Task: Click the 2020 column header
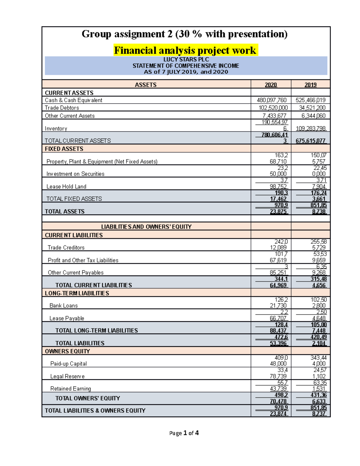(271, 85)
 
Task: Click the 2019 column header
(310, 85)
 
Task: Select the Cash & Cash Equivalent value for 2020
(271, 100)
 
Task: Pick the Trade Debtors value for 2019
(312, 108)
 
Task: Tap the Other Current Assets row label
(70, 116)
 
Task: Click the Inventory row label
(56, 128)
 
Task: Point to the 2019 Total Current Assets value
(310, 141)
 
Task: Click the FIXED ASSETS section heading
(64, 149)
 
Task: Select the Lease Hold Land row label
(66, 187)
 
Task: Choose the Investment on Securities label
(75, 174)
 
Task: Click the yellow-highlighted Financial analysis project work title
(185, 50)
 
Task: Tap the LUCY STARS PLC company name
(186, 60)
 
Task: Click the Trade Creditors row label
(66, 248)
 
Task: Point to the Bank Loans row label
(64, 305)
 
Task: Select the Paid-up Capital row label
(68, 364)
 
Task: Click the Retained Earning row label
(70, 389)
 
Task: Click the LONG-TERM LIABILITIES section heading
(77, 293)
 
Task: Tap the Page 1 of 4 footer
(184, 433)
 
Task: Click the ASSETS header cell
(145, 85)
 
